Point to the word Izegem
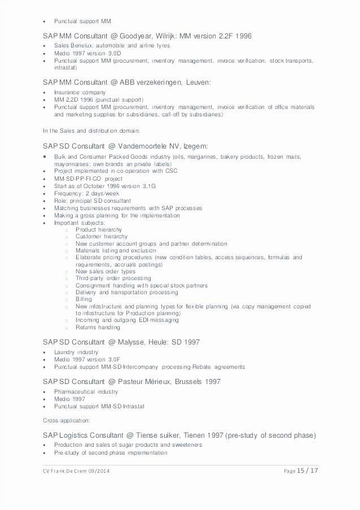(x=195, y=145)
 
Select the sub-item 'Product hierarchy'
(x=98, y=230)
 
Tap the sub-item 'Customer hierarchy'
(x=102, y=237)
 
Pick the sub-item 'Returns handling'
(x=98, y=327)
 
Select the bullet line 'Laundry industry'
(x=76, y=352)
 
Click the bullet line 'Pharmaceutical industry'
(x=86, y=391)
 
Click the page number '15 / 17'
(x=307, y=471)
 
